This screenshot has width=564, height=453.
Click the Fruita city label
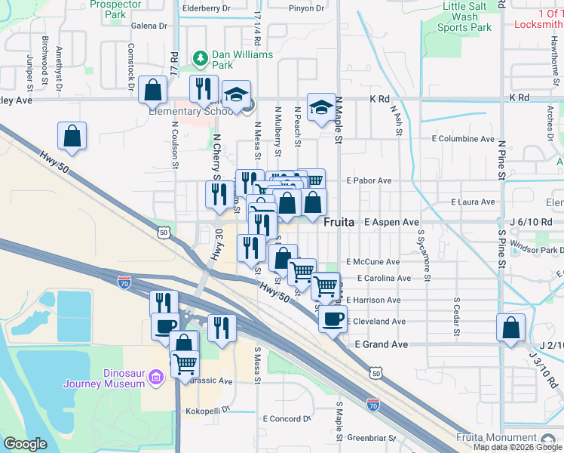pyautogui.click(x=340, y=223)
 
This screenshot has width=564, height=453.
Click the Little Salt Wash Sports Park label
pyautogui.click(x=465, y=17)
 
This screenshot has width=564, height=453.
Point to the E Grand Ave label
pyautogui.click(x=382, y=344)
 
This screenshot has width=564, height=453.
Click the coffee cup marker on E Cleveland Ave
pyautogui.click(x=332, y=318)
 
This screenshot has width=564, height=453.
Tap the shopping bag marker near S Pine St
pyautogui.click(x=510, y=328)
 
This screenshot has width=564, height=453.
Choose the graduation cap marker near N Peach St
pyautogui.click(x=321, y=107)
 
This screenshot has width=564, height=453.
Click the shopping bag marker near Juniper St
pyautogui.click(x=72, y=137)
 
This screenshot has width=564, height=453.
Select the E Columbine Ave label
pyautogui.click(x=462, y=139)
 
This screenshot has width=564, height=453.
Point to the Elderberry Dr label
pyautogui.click(x=206, y=9)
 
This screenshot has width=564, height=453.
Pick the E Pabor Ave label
pyautogui.click(x=369, y=180)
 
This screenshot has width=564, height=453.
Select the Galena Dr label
pyautogui.click(x=149, y=26)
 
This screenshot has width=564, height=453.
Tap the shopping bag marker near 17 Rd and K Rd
pyautogui.click(x=152, y=90)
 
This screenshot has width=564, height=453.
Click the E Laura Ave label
pyautogui.click(x=473, y=202)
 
